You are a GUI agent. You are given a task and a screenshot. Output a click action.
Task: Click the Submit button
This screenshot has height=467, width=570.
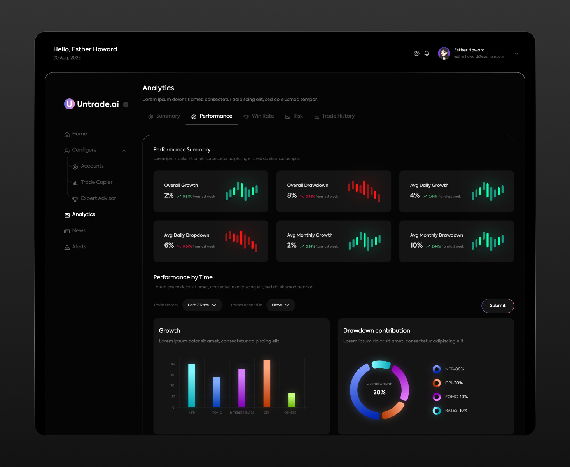click(x=497, y=305)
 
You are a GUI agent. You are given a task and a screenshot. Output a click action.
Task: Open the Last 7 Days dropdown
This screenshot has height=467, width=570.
click(x=202, y=305)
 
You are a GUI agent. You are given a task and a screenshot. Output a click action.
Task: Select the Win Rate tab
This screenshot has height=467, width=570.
click(x=259, y=116)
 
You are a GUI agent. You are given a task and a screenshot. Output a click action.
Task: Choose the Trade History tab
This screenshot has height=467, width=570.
click(x=334, y=116)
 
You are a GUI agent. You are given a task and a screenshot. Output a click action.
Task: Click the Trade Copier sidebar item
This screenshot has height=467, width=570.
click(x=96, y=182)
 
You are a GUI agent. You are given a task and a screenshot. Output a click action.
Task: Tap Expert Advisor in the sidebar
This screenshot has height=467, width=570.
click(x=98, y=198)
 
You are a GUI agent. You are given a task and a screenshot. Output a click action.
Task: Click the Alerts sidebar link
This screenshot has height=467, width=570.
click(x=79, y=247)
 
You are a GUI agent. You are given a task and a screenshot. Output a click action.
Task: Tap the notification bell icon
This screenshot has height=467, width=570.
click(x=427, y=53)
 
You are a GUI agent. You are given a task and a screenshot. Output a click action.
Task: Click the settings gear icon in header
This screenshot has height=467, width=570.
click(x=416, y=53)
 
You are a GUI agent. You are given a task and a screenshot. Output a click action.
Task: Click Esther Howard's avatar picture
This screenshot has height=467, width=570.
click(x=444, y=53)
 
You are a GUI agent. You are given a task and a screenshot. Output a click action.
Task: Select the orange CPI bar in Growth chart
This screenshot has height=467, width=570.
click(x=267, y=384)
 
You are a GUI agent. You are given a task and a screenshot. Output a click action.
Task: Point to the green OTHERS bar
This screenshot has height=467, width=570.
click(x=292, y=400)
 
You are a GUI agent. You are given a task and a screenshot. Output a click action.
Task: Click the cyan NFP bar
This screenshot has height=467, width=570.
click(x=192, y=385)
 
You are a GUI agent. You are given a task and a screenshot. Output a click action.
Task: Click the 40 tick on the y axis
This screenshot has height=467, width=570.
click(x=173, y=364)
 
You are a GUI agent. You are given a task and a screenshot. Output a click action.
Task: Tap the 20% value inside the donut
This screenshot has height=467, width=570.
click(x=379, y=392)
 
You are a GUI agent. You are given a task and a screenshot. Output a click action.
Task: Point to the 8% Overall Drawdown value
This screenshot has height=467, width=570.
click(x=292, y=195)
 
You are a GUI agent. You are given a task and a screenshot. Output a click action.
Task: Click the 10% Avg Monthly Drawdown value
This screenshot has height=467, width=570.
click(x=416, y=245)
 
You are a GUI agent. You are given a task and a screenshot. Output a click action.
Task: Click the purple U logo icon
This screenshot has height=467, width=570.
click(x=69, y=104)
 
